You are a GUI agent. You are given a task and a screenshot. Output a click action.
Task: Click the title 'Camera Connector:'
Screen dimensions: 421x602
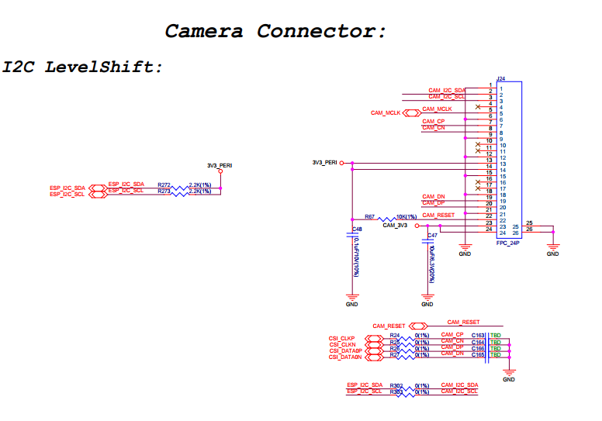tap(275, 32)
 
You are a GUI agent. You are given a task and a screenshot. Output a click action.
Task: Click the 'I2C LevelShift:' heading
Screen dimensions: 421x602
tap(83, 67)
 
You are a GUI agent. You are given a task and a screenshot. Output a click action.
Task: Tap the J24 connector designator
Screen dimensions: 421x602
tap(501, 79)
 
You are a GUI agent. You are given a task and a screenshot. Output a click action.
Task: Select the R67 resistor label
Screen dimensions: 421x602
tap(369, 217)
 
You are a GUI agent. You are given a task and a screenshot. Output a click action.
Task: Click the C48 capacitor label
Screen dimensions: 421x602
tap(357, 229)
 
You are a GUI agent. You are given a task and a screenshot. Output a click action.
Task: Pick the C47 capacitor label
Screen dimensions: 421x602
tap(432, 235)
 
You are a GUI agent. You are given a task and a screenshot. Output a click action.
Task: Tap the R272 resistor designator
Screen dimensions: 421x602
tap(164, 185)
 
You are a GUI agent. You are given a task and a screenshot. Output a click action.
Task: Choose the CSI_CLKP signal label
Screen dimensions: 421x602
tap(341, 339)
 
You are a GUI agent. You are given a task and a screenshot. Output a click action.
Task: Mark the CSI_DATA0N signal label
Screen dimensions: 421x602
tap(344, 357)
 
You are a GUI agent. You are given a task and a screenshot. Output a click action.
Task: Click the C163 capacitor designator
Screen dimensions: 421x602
tap(478, 335)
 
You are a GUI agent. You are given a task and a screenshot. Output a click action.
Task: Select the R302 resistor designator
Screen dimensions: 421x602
tap(396, 385)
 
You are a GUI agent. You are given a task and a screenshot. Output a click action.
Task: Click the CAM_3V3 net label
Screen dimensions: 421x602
tap(396, 226)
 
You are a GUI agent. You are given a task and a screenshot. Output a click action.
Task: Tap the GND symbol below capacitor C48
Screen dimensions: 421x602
tap(353, 296)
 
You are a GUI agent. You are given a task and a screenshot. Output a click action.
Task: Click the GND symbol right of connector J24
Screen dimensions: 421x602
tap(552, 250)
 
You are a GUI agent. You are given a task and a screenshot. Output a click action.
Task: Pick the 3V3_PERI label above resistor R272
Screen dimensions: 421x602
tap(220, 165)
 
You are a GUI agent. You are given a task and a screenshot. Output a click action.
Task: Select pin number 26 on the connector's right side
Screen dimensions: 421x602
tap(529, 229)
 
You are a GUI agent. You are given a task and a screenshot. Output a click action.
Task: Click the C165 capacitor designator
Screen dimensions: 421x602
tap(478, 354)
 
